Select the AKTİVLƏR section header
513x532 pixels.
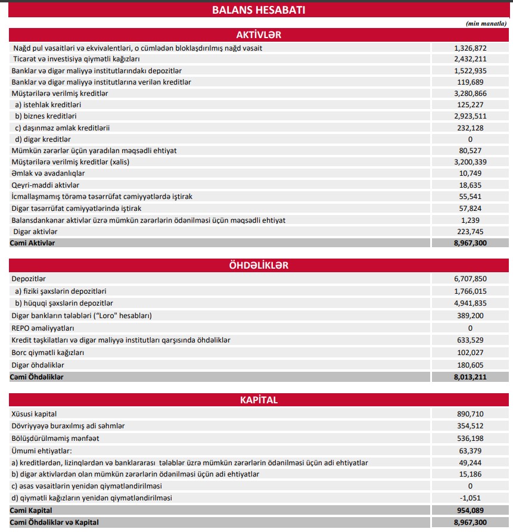tap(259, 35)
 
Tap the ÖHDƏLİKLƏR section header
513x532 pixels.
tap(259, 265)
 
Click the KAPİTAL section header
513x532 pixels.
tap(259, 400)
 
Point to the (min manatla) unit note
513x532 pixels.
tap(486, 23)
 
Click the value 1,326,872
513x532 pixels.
tap(470, 48)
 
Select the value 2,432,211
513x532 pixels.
tap(470, 59)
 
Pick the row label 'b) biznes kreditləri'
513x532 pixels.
tap(46, 116)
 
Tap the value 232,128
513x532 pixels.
tap(470, 127)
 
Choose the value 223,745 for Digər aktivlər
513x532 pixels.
tap(470, 231)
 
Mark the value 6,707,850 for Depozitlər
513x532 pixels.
tap(470, 279)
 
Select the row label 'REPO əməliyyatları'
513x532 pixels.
tap(43, 328)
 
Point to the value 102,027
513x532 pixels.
tap(470, 353)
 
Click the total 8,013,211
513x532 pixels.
tap(470, 377)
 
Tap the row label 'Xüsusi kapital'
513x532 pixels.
tap(35, 413)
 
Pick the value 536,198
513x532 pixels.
tap(470, 438)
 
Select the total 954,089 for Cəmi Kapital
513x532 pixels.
tap(470, 511)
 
